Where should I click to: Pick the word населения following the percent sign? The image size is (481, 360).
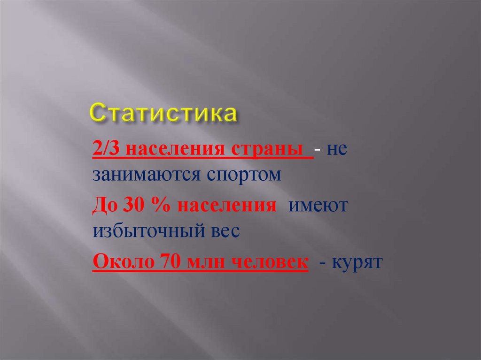pyautogui.click(x=219, y=207)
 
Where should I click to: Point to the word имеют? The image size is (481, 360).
pyautogui.click(x=318, y=207)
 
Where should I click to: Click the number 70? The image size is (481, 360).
pyautogui.click(x=160, y=262)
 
